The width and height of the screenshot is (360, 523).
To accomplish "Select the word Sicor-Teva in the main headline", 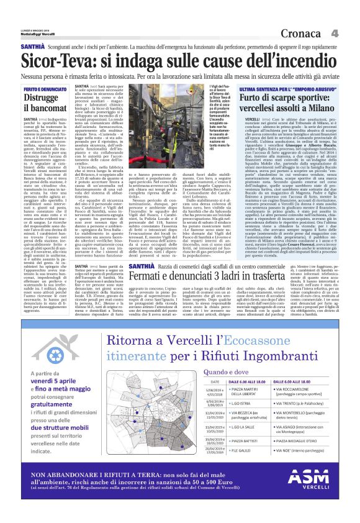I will (57, 61).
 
